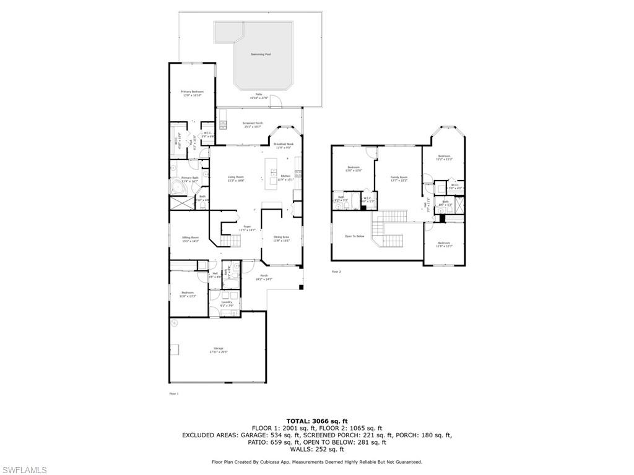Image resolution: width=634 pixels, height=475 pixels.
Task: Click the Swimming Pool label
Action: [261, 54]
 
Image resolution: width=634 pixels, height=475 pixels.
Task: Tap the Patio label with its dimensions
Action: [258, 96]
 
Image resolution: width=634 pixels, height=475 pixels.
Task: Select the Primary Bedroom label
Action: [192, 93]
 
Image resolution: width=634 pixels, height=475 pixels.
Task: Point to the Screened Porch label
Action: [252, 124]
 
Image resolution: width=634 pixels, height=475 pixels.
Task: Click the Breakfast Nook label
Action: [284, 145]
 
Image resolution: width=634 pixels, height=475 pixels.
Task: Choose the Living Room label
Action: [235, 178]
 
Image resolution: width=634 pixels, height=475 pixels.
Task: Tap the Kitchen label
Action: [285, 178]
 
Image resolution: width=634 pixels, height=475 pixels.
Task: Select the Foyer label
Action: [247, 228]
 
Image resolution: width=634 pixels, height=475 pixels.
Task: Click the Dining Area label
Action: [282, 239]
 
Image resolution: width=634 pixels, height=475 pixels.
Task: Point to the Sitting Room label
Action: [190, 239]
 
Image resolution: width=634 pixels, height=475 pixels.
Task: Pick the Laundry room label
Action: [227, 303]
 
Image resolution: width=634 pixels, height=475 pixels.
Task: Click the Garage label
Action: [218, 349]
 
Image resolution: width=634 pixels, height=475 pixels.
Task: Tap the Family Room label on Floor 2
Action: [399, 179]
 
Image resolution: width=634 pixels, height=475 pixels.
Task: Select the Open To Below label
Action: [354, 236]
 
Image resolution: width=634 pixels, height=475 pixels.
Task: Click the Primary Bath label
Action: [190, 179]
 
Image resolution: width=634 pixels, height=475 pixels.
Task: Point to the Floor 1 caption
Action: [173, 393]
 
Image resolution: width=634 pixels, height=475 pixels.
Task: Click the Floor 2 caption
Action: [336, 272]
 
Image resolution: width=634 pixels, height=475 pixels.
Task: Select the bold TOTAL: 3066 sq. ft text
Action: [316, 421]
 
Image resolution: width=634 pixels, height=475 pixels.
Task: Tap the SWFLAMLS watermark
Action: [24, 470]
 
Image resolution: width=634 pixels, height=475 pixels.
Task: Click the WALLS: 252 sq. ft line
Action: [316, 449]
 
